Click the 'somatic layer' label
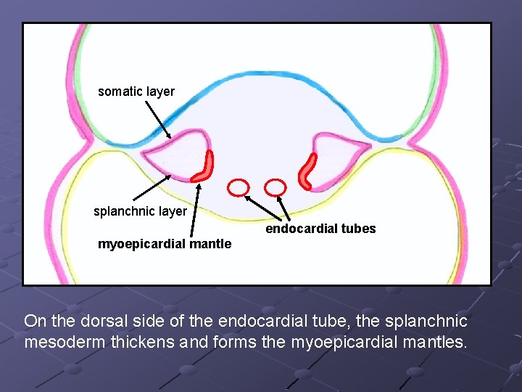pyautogui.click(x=136, y=91)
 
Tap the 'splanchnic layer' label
pyautogui.click(x=140, y=211)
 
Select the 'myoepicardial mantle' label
pyautogui.click(x=165, y=244)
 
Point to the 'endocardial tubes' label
pyautogui.click(x=320, y=229)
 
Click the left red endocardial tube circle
pyautogui.click(x=238, y=187)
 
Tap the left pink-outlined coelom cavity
pyautogui.click(x=174, y=150)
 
